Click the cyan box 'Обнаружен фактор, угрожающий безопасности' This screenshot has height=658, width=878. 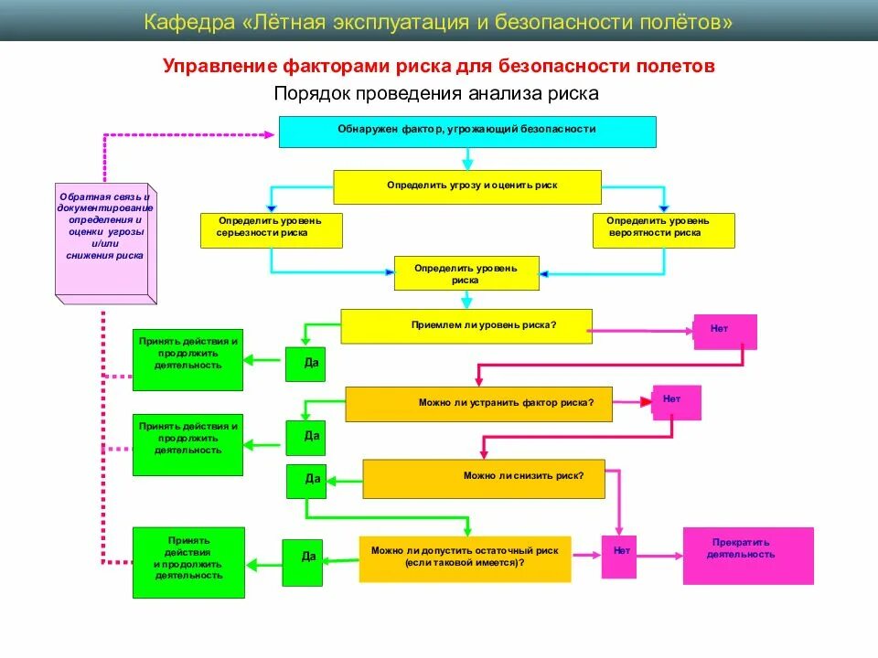467,132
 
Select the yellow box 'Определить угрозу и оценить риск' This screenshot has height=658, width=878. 467,186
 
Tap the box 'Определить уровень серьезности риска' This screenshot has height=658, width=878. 272,230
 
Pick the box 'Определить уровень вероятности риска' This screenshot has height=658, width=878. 663,230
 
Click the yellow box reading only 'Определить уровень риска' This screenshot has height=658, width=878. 466,273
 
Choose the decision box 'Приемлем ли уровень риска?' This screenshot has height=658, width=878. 466,326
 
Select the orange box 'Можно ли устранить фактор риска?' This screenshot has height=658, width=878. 478,404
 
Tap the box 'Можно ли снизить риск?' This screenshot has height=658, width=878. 484,478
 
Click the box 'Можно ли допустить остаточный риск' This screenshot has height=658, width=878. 465,558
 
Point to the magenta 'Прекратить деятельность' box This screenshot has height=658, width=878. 747,555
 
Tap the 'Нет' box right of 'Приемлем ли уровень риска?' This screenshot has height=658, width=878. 725,331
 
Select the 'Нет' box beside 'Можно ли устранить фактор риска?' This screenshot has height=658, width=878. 677,402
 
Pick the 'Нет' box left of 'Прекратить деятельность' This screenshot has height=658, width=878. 619,555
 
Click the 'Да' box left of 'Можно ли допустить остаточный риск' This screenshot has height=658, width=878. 302,562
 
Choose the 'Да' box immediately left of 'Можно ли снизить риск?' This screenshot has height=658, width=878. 306,481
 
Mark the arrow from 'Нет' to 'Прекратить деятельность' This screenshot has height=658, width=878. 659,555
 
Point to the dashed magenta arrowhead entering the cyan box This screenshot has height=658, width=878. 269,134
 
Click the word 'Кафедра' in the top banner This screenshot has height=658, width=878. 189,22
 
